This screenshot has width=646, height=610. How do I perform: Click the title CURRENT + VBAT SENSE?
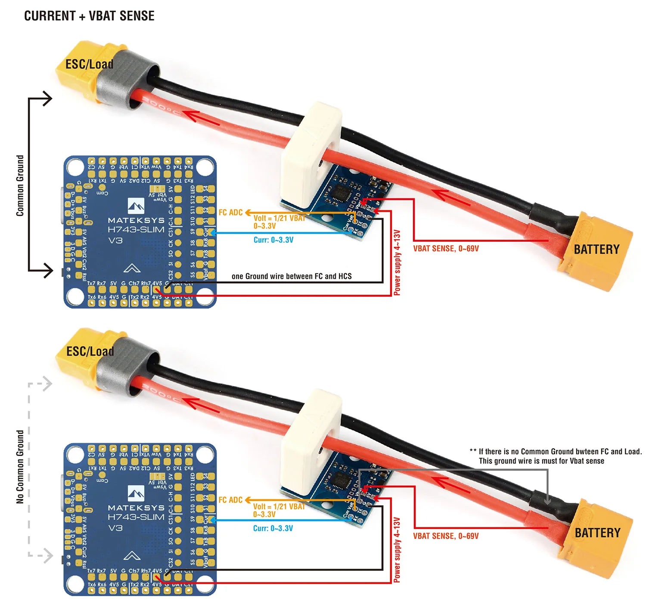pyautogui.click(x=89, y=16)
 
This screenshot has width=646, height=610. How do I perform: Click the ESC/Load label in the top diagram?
pyautogui.click(x=89, y=65)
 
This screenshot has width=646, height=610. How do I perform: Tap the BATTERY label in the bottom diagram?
pyautogui.click(x=597, y=533)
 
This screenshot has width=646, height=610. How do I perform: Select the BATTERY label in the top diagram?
pyautogui.click(x=596, y=250)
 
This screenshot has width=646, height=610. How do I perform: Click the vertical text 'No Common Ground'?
pyautogui.click(x=20, y=467)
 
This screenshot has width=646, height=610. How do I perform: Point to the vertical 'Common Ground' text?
pyautogui.click(x=20, y=185)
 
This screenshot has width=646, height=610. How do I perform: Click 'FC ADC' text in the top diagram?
pyautogui.click(x=230, y=213)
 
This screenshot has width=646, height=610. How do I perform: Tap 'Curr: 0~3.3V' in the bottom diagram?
pyautogui.click(x=273, y=528)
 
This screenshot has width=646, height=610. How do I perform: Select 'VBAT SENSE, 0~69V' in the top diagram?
pyautogui.click(x=446, y=249)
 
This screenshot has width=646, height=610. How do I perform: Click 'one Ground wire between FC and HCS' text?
pyautogui.click(x=292, y=276)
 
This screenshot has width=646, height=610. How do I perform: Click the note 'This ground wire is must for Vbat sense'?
pyautogui.click(x=541, y=461)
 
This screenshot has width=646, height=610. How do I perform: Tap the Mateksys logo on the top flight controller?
pyautogui.click(x=136, y=206)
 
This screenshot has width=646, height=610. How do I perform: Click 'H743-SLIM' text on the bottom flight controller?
pyautogui.click(x=136, y=517)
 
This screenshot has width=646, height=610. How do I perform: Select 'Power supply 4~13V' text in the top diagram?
pyautogui.click(x=397, y=262)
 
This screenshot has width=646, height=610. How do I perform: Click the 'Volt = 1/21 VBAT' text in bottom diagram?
pyautogui.click(x=279, y=507)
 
